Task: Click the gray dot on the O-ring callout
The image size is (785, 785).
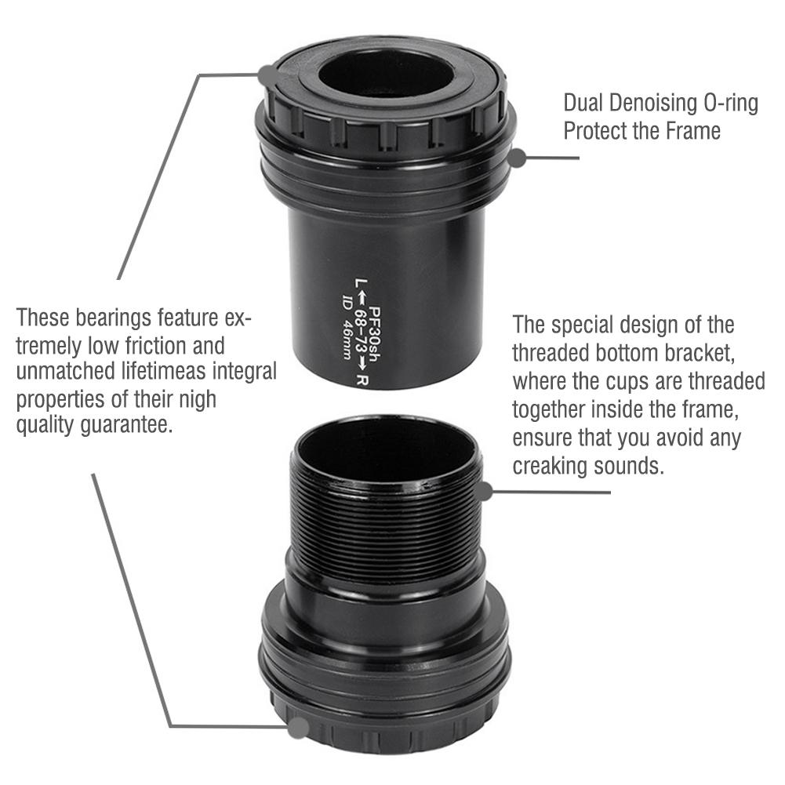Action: [x=517, y=158]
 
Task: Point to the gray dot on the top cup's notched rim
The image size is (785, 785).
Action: [x=267, y=75]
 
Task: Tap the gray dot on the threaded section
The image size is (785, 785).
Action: [x=484, y=492]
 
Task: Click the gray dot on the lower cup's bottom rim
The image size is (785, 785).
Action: [x=298, y=728]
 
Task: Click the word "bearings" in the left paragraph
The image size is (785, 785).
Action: [x=107, y=318]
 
